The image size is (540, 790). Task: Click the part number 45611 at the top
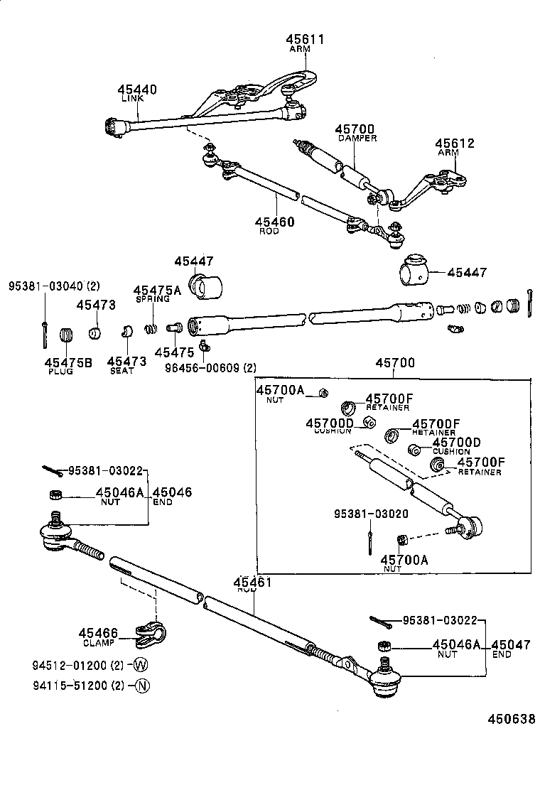pos(305,40)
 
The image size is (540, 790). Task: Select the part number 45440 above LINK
pos(137,90)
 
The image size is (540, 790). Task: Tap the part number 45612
pos(455,144)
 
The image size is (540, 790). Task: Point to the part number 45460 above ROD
pos(275,222)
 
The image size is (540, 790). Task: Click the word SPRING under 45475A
pos(153,300)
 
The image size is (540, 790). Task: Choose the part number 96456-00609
pos(202,367)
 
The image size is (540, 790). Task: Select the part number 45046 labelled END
pos(172,492)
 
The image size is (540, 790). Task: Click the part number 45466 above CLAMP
pos(98,633)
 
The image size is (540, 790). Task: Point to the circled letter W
pos(140,666)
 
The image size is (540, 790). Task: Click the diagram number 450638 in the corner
pos(510,719)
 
